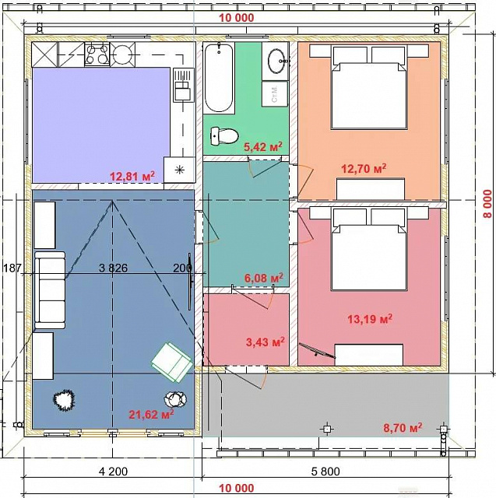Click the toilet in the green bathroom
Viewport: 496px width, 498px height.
[x=224, y=136]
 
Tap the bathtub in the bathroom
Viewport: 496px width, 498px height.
[x=219, y=78]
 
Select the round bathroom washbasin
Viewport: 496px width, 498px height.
[x=278, y=61]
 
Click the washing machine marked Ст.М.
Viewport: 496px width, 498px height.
[x=275, y=93]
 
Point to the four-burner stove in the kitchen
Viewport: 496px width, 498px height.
[x=97, y=54]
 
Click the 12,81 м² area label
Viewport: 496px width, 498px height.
[x=132, y=176]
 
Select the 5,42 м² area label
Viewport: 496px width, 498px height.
[x=263, y=146]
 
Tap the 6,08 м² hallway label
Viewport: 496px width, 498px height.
[x=264, y=279]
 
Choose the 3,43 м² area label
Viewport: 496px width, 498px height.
[x=266, y=342]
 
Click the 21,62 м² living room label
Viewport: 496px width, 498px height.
[x=151, y=414]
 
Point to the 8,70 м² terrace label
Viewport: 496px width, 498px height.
[x=403, y=427]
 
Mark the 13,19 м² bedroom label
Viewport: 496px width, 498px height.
[x=370, y=318]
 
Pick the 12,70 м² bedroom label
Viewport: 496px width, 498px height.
[x=364, y=168]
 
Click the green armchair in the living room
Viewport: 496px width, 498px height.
[x=171, y=362]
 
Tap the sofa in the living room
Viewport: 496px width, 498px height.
[x=50, y=290]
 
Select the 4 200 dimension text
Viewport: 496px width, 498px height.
[x=114, y=472]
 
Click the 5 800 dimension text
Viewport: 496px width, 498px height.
[x=325, y=472]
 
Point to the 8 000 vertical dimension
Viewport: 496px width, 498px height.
[x=487, y=204]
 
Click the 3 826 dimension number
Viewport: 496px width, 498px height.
[x=113, y=268]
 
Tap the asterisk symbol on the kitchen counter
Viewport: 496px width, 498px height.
[x=180, y=170]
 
